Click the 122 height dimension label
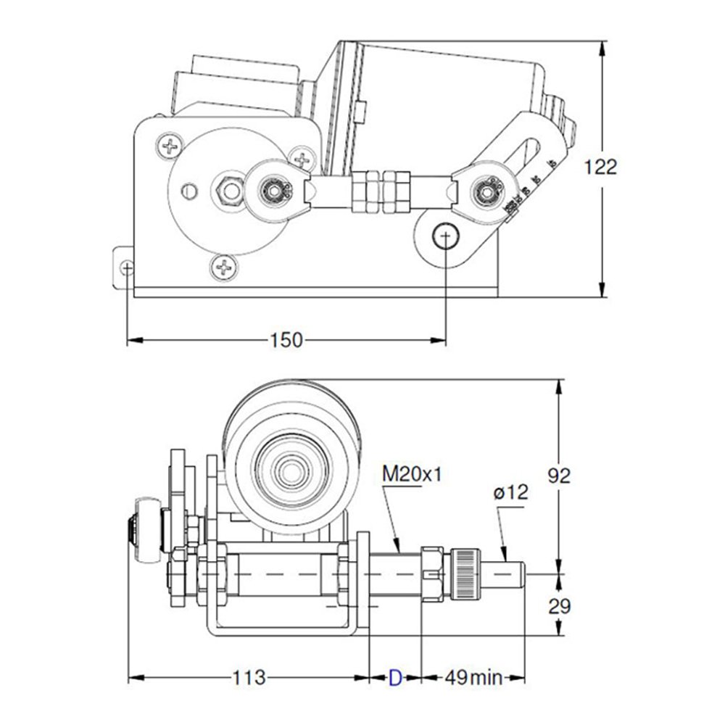click(601, 167)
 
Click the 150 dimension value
click(286, 340)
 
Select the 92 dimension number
click(558, 476)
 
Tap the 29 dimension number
click(558, 606)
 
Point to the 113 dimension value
click(248, 679)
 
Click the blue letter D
click(395, 679)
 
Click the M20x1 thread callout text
click(412, 475)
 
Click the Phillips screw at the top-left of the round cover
click(171, 148)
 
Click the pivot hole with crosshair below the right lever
click(444, 235)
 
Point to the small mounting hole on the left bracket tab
click(128, 268)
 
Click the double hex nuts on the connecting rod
click(381, 191)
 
